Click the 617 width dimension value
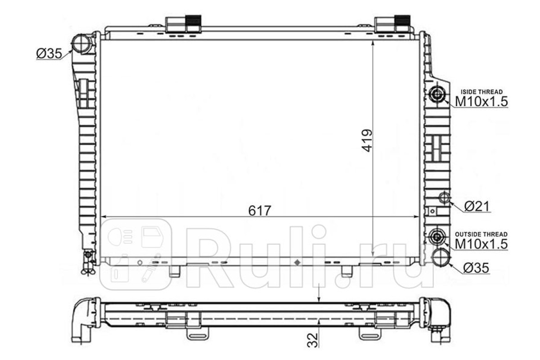[260, 211]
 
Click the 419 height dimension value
[367, 141]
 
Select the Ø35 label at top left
[49, 53]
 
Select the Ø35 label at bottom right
[476, 268]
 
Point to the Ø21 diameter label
[477, 207]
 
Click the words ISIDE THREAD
[481, 92]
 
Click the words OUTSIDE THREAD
[481, 234]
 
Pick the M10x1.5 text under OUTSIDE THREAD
[481, 244]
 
